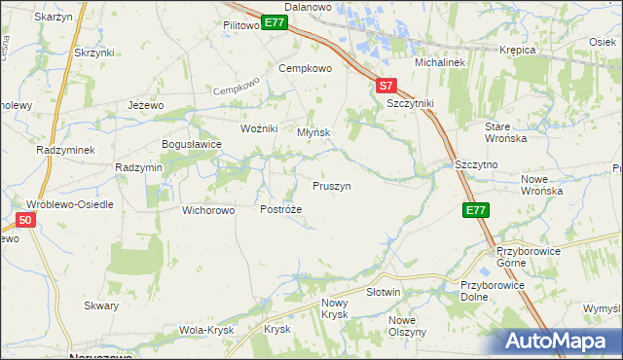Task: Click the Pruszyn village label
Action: (332, 185)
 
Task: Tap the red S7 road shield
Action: (386, 86)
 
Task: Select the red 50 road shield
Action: (26, 221)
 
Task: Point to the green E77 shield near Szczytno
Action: (475, 209)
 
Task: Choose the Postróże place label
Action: (281, 209)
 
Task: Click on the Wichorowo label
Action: (209, 209)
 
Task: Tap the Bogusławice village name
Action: (192, 144)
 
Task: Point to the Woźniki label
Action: (260, 128)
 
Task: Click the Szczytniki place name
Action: (410, 102)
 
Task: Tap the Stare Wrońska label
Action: (505, 132)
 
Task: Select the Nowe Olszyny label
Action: (408, 326)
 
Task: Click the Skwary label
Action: (101, 306)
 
